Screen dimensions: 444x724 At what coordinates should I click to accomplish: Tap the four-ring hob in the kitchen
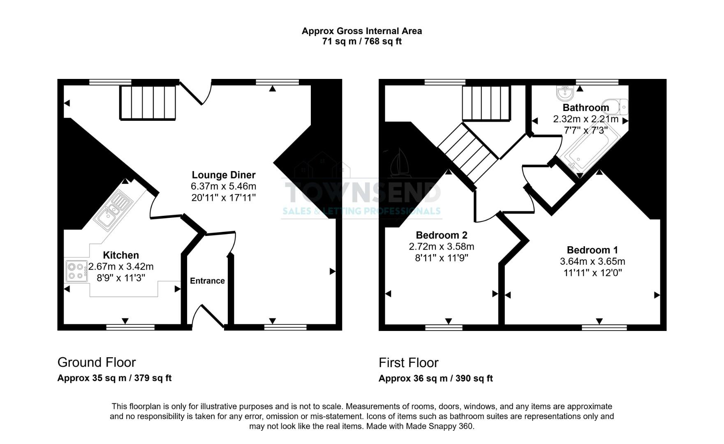coord(76,271)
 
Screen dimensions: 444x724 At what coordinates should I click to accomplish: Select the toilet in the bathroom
coord(615,107)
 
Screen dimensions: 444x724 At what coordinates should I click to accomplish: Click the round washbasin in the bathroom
coord(565,94)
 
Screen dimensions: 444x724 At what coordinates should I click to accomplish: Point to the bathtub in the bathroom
coord(588,150)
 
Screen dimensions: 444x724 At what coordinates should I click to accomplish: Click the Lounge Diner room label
coord(224,175)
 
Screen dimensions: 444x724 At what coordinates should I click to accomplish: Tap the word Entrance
coord(207,281)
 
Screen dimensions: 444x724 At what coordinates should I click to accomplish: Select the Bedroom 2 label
coord(441,235)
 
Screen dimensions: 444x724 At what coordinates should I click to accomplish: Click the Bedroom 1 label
coord(592,250)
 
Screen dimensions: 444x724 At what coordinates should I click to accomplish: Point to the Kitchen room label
coord(121,255)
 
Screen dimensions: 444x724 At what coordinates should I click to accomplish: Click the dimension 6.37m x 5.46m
coord(224,186)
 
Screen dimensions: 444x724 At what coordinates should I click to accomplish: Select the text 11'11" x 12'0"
coord(592,273)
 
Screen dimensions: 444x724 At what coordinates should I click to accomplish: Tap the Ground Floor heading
coord(97,362)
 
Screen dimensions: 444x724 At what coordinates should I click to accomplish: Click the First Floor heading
coord(408,363)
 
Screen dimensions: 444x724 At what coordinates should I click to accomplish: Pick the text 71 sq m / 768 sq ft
coord(362,42)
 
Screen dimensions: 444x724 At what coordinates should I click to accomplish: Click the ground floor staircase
coord(148,103)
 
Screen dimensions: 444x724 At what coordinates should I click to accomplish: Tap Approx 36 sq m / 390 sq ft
coord(435,379)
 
